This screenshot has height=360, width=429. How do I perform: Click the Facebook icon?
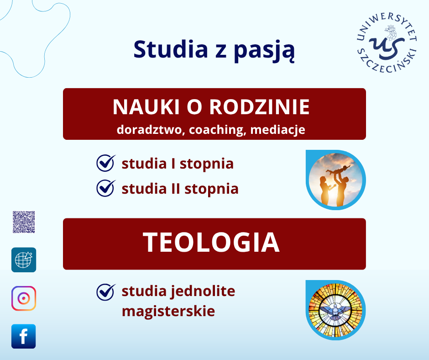click(24, 336)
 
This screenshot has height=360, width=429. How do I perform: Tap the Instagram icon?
click(24, 298)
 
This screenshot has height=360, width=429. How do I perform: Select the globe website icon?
click(24, 260)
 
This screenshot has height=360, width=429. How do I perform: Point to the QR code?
click(24, 222)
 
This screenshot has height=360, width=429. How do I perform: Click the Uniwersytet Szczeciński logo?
click(387, 42)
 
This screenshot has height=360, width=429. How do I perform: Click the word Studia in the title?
click(171, 49)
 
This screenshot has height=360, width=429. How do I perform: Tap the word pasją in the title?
click(264, 51)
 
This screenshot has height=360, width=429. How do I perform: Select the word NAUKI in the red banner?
click(146, 106)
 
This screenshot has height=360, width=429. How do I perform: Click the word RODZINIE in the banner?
click(259, 106)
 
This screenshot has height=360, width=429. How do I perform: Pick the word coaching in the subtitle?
click(216, 130)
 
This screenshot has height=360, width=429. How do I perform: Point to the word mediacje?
click(277, 130)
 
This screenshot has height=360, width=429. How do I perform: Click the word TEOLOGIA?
click(211, 243)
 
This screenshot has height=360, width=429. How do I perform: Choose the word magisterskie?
click(168, 312)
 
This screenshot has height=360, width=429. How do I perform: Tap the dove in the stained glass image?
click(335, 312)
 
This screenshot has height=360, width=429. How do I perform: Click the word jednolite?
click(203, 291)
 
